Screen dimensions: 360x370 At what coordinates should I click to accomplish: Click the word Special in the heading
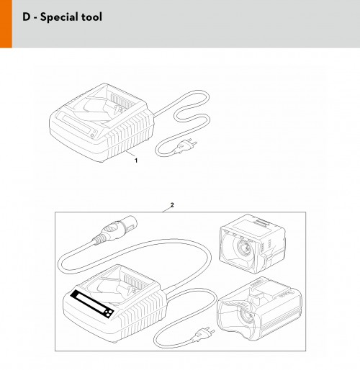59,17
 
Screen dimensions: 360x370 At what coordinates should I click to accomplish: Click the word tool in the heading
91,17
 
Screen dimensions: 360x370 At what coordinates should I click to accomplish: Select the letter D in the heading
27,17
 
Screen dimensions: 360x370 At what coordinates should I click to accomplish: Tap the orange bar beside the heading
6,24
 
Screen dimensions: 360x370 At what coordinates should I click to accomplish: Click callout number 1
136,161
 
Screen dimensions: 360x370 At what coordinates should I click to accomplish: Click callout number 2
172,205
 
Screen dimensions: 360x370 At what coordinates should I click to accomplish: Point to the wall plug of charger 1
185,145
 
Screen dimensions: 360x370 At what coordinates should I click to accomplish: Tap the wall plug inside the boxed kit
203,333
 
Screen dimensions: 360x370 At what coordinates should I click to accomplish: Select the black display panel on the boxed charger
92,304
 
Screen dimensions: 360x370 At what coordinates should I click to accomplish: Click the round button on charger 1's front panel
92,136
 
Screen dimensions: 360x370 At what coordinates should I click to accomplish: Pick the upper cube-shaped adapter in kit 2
252,244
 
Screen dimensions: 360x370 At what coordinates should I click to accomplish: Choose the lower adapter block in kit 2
259,310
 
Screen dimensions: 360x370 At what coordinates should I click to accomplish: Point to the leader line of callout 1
130,154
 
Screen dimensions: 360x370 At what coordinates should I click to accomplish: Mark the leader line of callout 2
166,210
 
